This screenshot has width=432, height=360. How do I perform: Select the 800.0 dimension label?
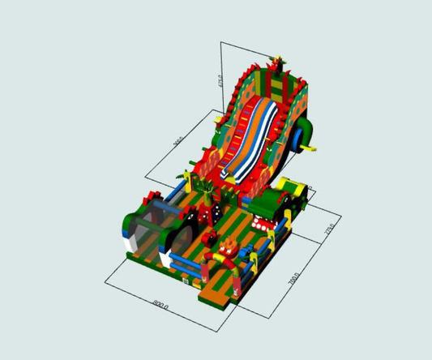pos(160,306)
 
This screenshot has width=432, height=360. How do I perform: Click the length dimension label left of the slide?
pos(178,142)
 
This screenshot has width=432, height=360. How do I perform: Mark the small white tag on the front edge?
pos(186,280)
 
